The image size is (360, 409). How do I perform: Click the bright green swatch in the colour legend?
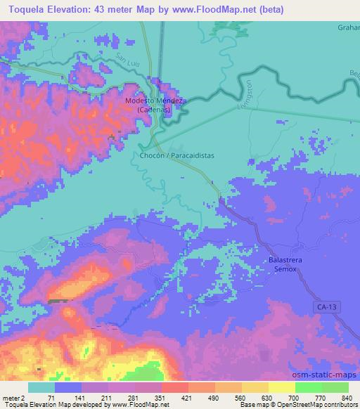(309, 387)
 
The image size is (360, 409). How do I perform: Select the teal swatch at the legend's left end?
(41, 387)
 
